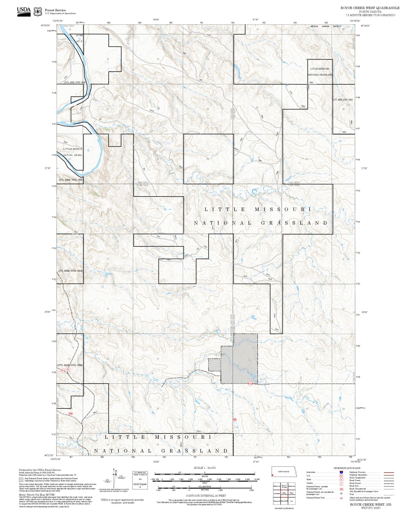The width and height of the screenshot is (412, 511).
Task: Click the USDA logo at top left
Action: click(24, 11)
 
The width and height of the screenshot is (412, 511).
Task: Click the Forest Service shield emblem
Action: click(38, 11)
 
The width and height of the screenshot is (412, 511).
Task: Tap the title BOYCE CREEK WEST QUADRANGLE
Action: click(370, 8)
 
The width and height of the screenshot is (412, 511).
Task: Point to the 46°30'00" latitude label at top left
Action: click(46, 25)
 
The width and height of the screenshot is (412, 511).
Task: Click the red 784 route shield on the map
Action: click(68, 369)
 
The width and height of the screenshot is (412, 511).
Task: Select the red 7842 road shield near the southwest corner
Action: click(70, 413)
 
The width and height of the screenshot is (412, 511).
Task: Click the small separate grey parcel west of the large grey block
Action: click(214, 365)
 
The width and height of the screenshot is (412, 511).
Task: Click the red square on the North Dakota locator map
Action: click(273, 475)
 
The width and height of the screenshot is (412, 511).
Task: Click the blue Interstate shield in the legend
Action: click(341, 472)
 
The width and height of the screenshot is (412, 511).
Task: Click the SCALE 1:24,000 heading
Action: click(204, 468)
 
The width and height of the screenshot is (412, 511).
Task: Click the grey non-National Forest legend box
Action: click(21, 479)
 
